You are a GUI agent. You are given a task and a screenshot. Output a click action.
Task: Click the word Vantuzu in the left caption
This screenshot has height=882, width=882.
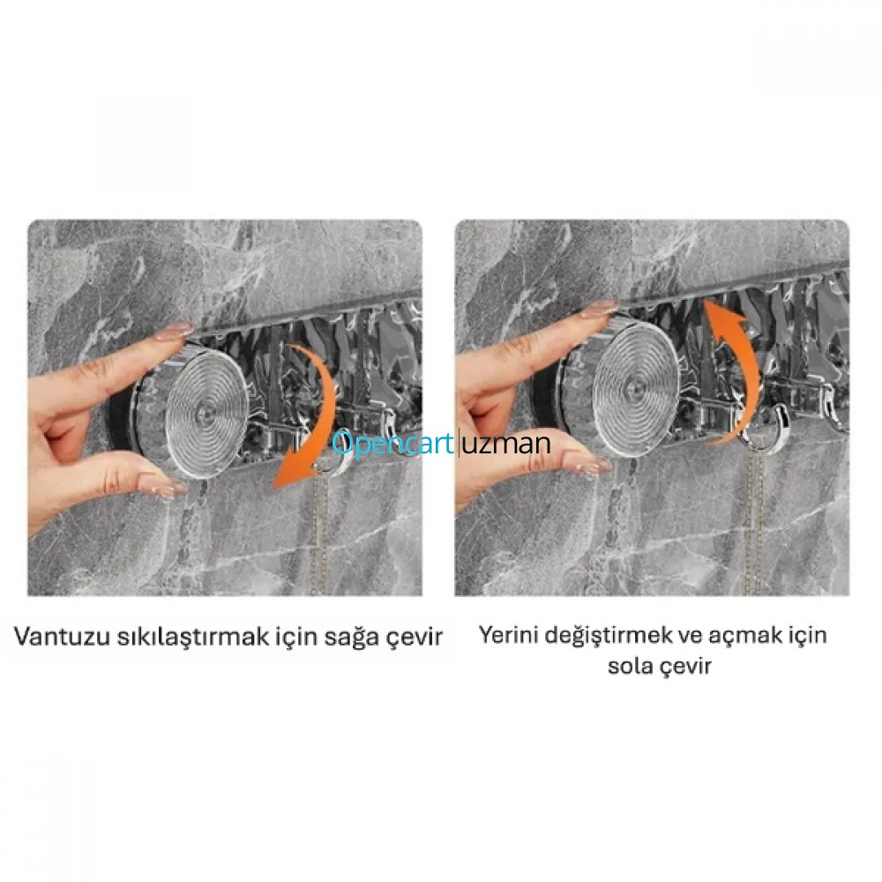point(62,637)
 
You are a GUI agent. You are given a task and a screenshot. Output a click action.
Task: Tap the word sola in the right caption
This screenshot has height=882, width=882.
point(628,666)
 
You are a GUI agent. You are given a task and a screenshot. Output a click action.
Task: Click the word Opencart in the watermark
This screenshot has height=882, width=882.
point(392,444)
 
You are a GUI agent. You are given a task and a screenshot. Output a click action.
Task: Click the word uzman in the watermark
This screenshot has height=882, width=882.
point(506,445)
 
